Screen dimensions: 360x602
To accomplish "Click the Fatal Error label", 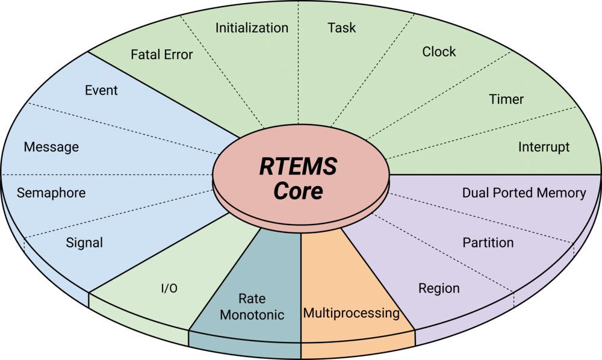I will point(161,55).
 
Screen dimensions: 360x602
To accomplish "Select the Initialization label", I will point(252,28).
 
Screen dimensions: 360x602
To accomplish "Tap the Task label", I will point(341,28).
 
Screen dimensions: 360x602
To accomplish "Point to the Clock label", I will point(439,52).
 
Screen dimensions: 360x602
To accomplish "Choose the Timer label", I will point(506,99).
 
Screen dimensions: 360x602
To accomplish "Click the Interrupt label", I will point(544,147).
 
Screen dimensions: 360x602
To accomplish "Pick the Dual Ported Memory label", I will point(524,193).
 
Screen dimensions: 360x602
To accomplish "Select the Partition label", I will point(488,243).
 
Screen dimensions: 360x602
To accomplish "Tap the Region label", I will point(439,288).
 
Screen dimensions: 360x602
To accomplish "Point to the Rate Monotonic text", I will point(252,307).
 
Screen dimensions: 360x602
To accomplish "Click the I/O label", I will point(169,288).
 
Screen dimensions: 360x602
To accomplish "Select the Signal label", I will point(84,243).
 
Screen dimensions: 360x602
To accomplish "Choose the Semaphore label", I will point(51,193).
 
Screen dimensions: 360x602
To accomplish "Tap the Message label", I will point(51,147).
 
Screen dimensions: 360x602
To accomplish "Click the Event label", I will point(101,91).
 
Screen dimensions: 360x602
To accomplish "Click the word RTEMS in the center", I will point(298,166).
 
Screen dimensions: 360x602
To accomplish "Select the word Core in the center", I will point(298,191).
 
